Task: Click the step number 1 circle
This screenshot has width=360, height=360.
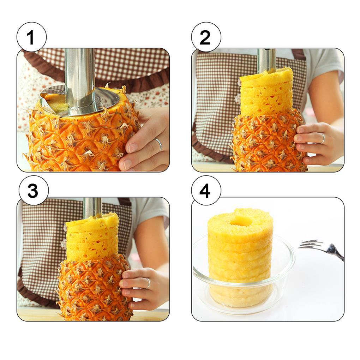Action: (x=31, y=37)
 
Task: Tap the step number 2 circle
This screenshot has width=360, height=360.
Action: (x=206, y=37)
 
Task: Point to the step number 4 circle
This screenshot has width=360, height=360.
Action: (x=206, y=191)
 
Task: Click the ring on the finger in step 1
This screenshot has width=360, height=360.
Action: (x=158, y=144)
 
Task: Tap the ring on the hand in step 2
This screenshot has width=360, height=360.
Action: (x=322, y=138)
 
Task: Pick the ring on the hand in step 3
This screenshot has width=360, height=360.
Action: (x=148, y=283)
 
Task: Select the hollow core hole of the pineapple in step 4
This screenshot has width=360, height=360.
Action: (x=241, y=221)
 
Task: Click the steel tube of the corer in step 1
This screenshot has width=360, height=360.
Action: (x=80, y=78)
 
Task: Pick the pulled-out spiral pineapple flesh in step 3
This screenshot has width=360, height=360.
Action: (x=92, y=236)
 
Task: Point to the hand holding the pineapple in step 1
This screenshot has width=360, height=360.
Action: (x=145, y=141)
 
